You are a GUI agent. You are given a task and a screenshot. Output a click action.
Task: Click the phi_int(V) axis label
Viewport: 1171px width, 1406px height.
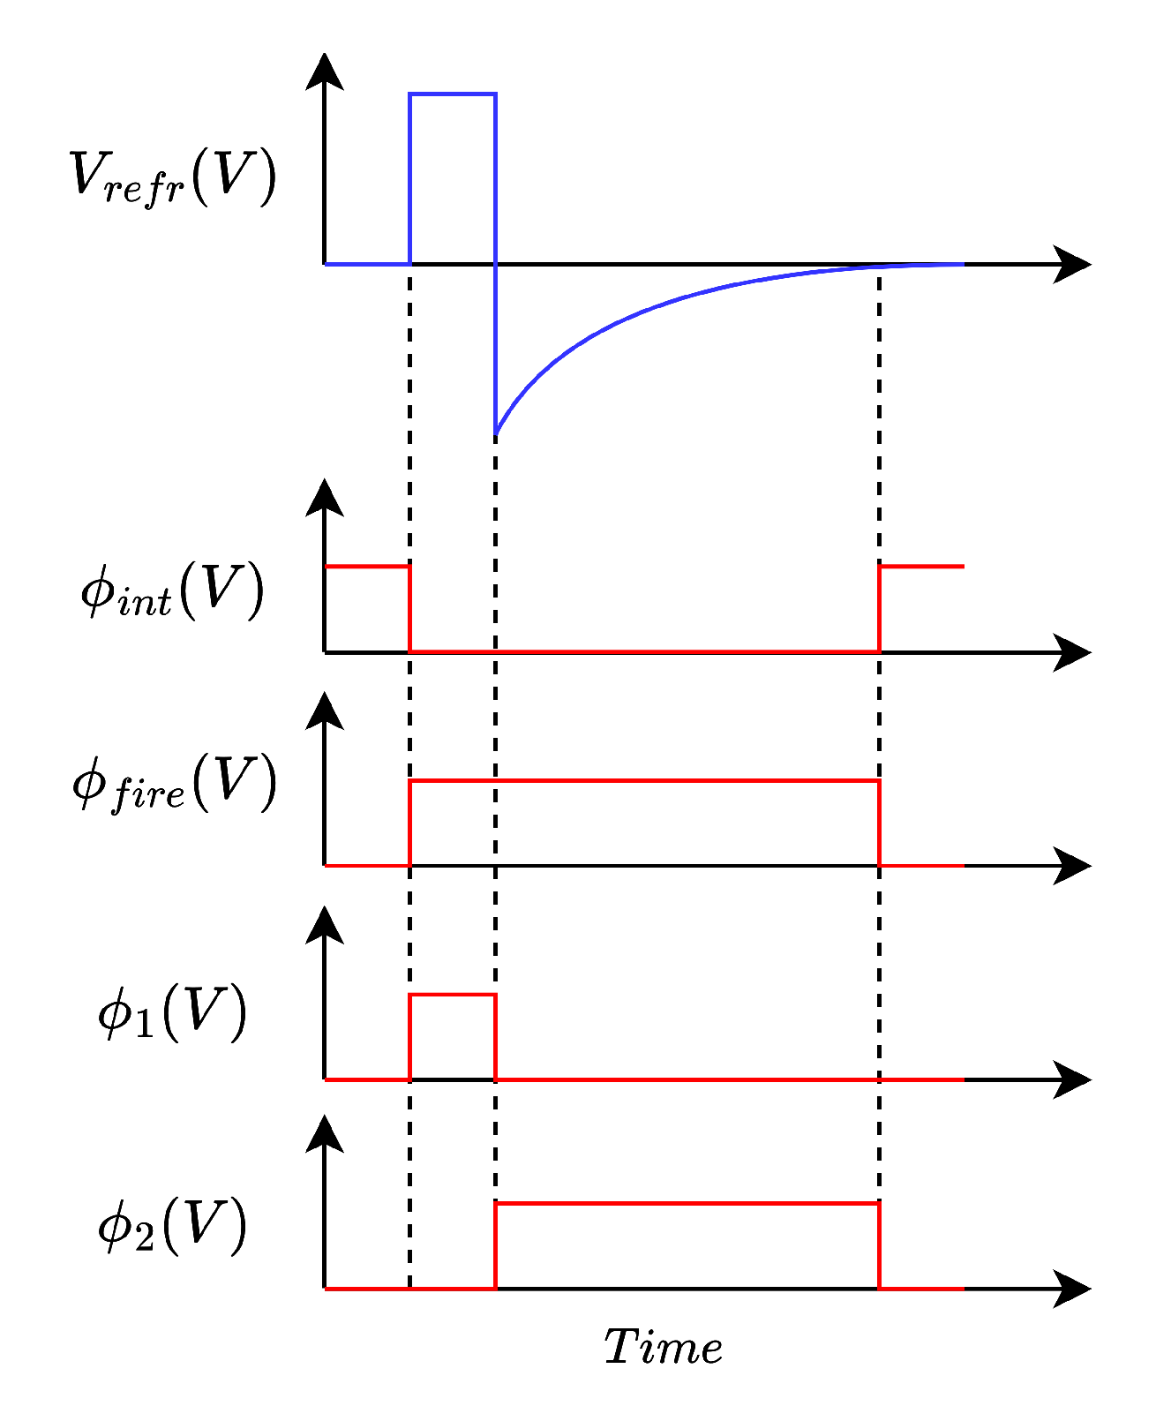click(x=172, y=589)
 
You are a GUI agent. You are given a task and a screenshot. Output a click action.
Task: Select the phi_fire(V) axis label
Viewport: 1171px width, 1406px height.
click(x=174, y=782)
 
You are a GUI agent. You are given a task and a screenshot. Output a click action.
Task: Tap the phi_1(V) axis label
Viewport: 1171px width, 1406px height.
click(x=172, y=1012)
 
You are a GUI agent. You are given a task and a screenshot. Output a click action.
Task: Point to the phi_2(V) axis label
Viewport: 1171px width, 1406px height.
click(x=172, y=1225)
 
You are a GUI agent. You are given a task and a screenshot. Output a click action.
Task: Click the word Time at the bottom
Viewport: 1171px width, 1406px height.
click(x=663, y=1348)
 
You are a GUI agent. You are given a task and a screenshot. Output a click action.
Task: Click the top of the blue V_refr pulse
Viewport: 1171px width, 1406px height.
click(x=453, y=94)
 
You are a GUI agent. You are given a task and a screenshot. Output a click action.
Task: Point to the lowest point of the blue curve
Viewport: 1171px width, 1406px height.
click(x=496, y=433)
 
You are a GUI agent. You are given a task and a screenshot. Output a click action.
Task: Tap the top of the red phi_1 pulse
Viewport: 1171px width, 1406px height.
click(x=453, y=995)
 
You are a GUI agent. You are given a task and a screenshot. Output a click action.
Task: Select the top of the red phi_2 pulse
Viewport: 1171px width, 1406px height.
click(x=687, y=1203)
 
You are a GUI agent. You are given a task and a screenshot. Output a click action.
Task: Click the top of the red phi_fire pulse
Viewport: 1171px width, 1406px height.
click(x=644, y=780)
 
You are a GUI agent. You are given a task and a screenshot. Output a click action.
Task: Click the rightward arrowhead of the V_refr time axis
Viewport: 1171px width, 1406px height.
click(x=1073, y=264)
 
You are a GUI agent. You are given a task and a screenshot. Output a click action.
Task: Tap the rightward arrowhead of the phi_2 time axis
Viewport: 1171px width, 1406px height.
click(x=1073, y=1289)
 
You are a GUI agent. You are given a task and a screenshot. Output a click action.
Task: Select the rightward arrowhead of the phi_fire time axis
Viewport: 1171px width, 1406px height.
click(x=1073, y=866)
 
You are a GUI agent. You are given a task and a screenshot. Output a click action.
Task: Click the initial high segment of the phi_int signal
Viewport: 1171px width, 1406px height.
click(x=367, y=566)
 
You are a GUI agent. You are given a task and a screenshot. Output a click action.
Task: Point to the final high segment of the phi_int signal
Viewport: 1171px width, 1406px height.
click(x=921, y=566)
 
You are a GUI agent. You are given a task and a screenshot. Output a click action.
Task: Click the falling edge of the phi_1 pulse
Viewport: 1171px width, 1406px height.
click(x=496, y=1037)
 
